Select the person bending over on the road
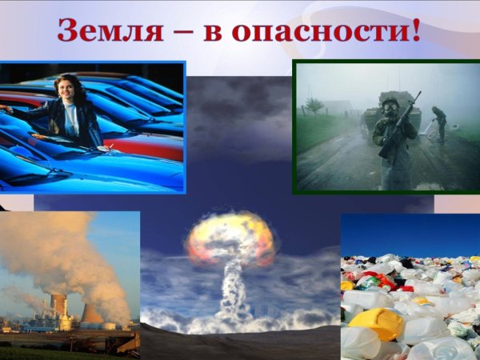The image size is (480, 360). tap(439, 123)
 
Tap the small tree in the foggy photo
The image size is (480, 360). tap(314, 106)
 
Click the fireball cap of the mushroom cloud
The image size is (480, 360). tap(230, 237)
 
